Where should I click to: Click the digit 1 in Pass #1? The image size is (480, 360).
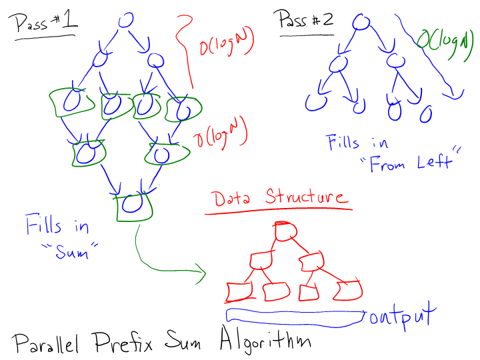point(69,19)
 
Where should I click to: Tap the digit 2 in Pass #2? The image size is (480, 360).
point(327,20)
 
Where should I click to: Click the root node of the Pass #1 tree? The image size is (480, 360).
point(126,20)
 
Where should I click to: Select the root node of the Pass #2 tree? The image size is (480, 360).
point(361,22)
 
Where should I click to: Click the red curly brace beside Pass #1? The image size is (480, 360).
point(184,51)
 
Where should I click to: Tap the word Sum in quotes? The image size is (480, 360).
point(71,251)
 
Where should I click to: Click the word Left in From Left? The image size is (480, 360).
point(434,161)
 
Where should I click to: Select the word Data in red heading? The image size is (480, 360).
point(232,198)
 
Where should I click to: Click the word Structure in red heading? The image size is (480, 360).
point(307,196)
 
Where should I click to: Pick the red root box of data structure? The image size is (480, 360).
point(285,231)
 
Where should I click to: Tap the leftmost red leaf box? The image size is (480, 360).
point(239,292)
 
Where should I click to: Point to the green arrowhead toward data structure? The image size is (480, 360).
point(201,273)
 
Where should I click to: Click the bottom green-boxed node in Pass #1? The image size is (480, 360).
point(133,207)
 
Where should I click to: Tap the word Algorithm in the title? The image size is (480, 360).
point(265,340)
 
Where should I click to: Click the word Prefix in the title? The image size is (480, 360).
point(123,341)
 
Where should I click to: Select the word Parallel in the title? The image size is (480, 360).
point(45,343)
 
